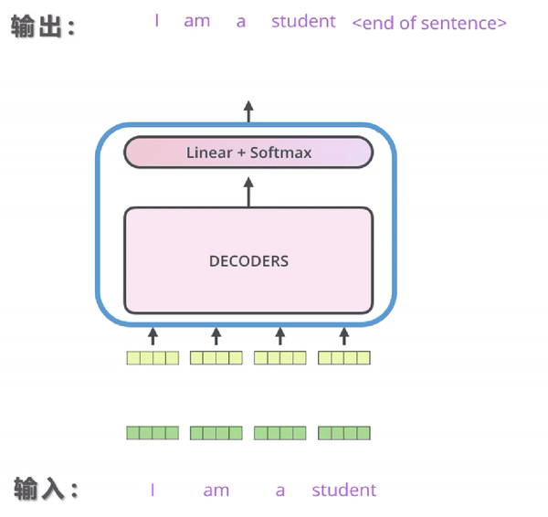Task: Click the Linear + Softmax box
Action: click(248, 153)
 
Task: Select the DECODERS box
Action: click(248, 260)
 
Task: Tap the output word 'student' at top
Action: click(303, 21)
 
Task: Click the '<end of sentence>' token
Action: click(428, 23)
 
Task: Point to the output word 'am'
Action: click(196, 21)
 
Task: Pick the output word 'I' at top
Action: click(157, 21)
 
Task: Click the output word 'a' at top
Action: click(241, 22)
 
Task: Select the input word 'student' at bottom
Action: click(343, 491)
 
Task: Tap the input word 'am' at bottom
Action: click(216, 491)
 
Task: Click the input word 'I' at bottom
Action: click(153, 491)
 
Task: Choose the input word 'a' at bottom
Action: click(280, 491)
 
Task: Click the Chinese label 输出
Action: click(42, 27)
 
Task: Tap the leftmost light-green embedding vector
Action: click(153, 358)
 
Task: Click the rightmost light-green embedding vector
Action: click(344, 358)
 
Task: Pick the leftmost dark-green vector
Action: click(153, 433)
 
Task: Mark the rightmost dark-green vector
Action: click(344, 433)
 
